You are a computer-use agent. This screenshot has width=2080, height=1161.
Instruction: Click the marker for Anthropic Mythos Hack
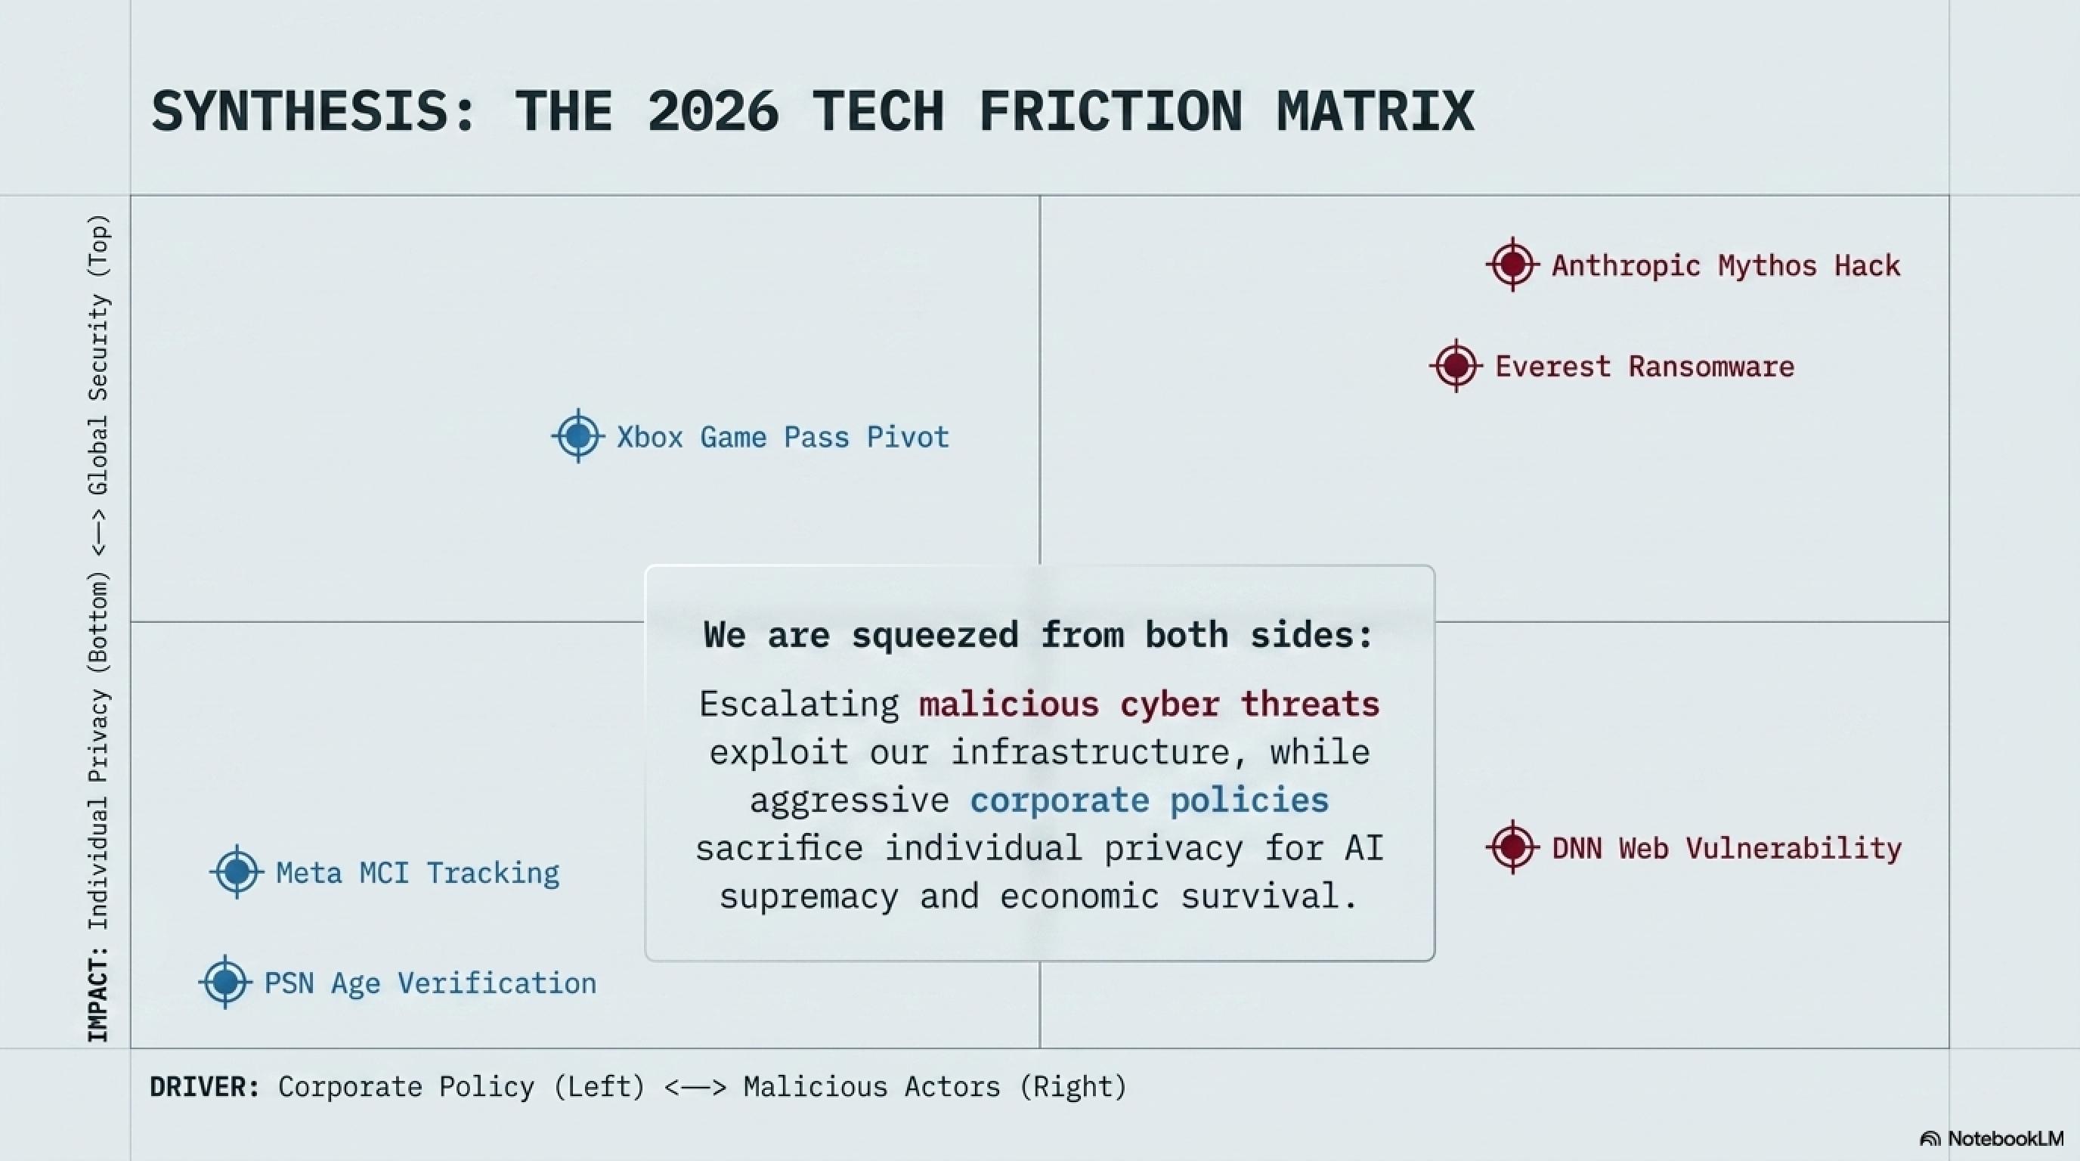[1512, 264]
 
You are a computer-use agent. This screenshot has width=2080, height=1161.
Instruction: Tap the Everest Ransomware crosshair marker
[1456, 366]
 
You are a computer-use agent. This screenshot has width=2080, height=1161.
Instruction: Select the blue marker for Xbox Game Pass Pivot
[578, 436]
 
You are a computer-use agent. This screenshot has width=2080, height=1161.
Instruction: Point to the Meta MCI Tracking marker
[237, 872]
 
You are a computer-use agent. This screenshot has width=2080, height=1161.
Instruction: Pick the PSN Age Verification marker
[225, 983]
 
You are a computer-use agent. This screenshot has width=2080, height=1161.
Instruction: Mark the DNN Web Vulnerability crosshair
[1512, 848]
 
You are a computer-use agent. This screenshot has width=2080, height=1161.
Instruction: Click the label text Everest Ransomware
[1645, 367]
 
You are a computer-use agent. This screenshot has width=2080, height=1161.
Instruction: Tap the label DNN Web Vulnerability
[1727, 849]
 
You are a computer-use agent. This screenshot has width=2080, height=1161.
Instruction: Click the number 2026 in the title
[713, 110]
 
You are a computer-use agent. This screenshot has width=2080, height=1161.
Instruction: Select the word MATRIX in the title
[1376, 110]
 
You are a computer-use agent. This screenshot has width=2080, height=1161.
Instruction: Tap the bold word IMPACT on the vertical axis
[97, 994]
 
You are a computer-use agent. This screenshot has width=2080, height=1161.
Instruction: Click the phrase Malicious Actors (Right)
[935, 1087]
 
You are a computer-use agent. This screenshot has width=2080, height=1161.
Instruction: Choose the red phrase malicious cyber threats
[1149, 704]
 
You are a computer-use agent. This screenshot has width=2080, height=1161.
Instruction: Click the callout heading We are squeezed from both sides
[1038, 635]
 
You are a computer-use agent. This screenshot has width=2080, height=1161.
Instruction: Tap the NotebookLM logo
[1991, 1138]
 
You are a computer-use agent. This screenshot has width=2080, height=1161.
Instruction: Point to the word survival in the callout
[1261, 896]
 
